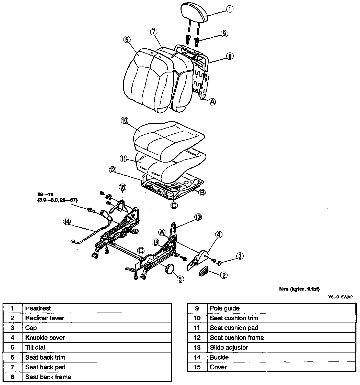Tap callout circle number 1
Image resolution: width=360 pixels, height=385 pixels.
[x=229, y=9]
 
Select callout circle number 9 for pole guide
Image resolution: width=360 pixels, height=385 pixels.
[x=224, y=34]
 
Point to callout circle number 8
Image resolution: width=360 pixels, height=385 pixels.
[x=230, y=56]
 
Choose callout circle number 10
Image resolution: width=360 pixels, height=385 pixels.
[x=125, y=120]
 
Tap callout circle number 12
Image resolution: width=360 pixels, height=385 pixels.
[x=112, y=169]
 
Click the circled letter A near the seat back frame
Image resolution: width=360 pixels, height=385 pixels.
[x=212, y=102]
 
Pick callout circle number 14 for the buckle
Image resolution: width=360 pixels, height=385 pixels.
[x=67, y=221]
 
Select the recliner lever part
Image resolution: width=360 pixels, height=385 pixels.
[x=203, y=271]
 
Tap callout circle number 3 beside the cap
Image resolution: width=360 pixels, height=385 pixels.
[x=240, y=256]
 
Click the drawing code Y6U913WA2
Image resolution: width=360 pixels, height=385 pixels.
[x=341, y=297]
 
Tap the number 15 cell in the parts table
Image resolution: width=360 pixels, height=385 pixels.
[x=197, y=367]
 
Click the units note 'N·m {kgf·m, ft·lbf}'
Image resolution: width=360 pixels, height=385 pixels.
[x=299, y=289]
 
